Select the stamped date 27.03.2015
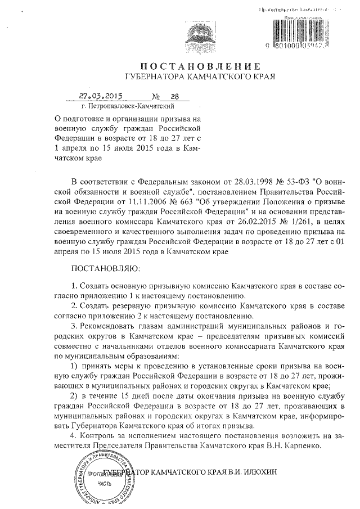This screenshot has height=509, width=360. coord(97,96)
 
